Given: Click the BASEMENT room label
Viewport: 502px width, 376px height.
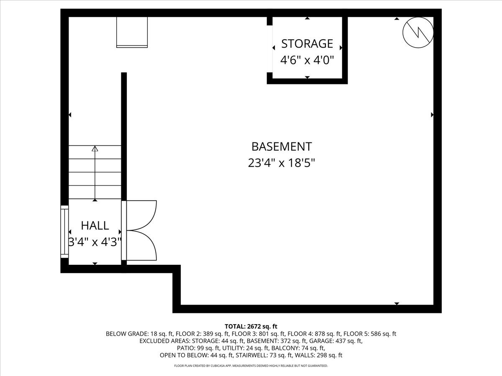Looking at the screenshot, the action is (281, 147).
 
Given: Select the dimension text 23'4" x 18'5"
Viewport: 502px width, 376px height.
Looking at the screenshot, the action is (281, 163).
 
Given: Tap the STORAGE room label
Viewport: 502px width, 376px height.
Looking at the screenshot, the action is (307, 43).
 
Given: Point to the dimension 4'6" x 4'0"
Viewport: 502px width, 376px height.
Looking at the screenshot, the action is (307, 60).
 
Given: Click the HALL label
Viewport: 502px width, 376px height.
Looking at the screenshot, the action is (95, 226).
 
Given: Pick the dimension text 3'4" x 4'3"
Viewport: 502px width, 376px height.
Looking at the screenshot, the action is (95, 241).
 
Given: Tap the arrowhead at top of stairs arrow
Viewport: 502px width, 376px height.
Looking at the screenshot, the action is (95, 149).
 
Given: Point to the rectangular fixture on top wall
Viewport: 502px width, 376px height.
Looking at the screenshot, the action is (132, 32).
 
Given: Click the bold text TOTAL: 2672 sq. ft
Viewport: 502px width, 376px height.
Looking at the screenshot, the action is (251, 326).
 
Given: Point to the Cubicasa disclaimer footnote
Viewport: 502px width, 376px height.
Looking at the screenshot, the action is (251, 366).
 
